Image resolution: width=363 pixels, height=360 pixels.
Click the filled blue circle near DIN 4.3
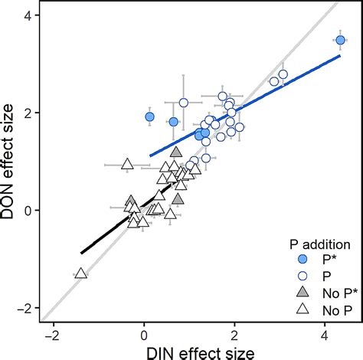click(341, 40)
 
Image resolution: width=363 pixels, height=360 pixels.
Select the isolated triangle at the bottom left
click(80, 273)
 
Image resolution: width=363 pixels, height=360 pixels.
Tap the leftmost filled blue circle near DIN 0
click(150, 116)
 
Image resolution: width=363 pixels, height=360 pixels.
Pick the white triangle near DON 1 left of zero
click(128, 164)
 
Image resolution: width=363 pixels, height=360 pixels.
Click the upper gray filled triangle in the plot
click(176, 152)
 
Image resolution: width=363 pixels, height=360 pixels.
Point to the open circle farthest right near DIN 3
click(283, 74)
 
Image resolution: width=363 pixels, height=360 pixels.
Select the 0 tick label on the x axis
click(143, 333)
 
